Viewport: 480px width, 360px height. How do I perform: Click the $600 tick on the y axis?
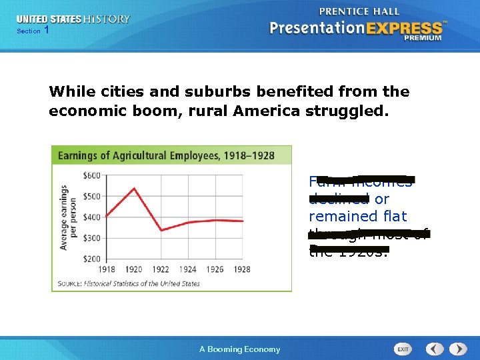(92, 176)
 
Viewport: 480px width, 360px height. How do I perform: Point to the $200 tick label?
(92, 259)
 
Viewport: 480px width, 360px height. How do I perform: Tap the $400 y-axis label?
(92, 217)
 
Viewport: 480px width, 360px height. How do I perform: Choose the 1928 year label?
(243, 269)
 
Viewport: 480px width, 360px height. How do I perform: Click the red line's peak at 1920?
(135, 189)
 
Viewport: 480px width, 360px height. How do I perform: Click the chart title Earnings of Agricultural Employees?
(166, 155)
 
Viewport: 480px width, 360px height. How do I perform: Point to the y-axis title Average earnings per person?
(68, 217)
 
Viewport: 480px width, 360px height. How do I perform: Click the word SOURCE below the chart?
(69, 283)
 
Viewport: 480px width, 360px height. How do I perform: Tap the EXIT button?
(403, 349)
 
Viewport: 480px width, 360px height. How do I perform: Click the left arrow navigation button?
(435, 349)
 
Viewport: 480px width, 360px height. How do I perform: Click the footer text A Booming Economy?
(240, 349)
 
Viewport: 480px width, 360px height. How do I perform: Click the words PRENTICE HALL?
(359, 11)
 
